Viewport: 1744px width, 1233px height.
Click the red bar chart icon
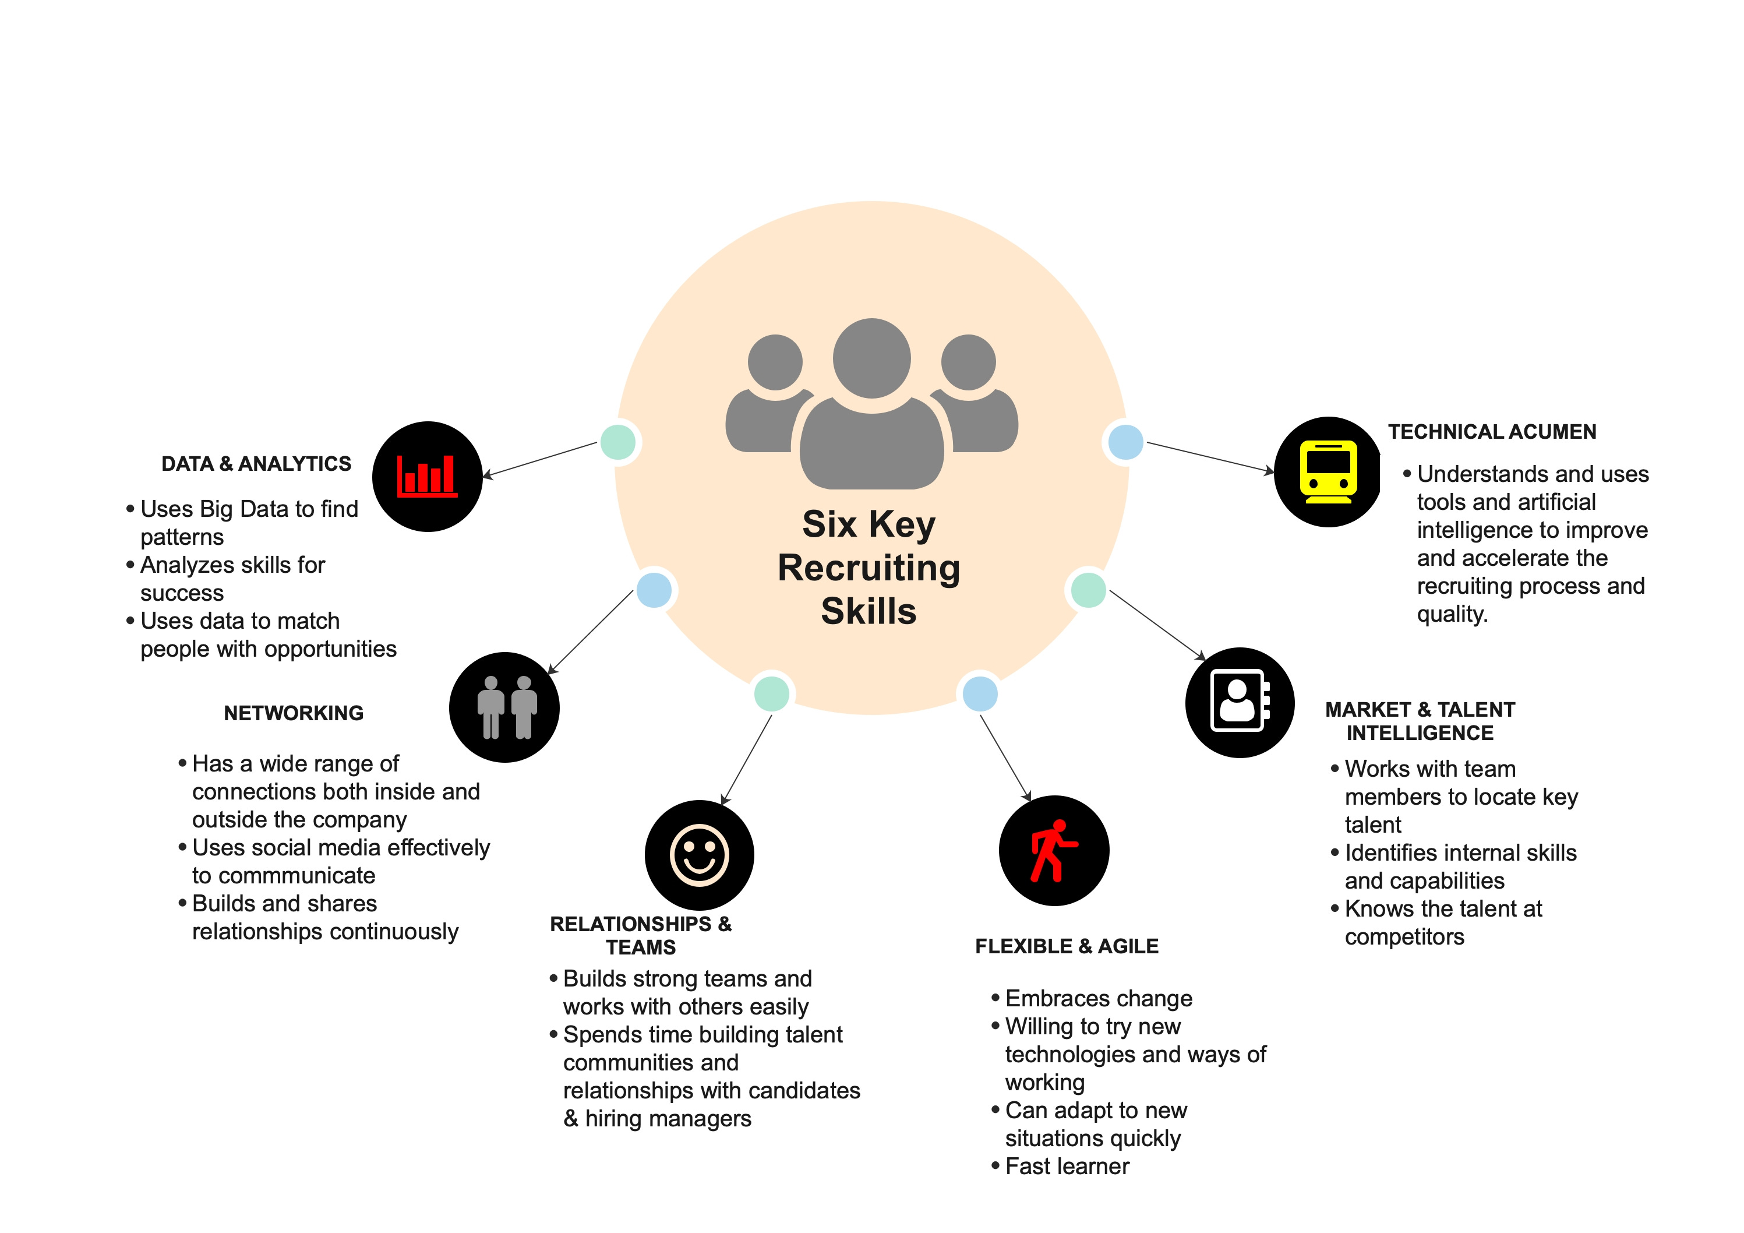coord(427,476)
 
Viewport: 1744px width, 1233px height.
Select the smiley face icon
coord(699,855)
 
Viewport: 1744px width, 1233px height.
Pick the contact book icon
coord(1239,702)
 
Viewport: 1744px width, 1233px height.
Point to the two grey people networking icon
coord(506,707)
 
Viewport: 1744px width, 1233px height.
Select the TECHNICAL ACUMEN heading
coord(1492,432)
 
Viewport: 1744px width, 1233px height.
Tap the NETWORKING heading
coord(293,713)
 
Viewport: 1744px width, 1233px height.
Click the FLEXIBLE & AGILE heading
coord(1067,946)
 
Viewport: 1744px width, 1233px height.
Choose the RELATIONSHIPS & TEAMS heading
coord(640,935)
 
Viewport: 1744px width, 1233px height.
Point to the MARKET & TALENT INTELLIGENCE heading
coord(1420,721)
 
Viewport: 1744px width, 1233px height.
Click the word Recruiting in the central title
coord(869,568)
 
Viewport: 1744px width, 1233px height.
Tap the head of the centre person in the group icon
coord(871,358)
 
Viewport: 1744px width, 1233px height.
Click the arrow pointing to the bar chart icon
coord(540,460)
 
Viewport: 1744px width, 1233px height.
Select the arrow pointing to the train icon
coord(1211,457)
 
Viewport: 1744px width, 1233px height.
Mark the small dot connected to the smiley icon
coord(772,693)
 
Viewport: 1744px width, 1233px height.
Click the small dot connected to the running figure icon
coord(980,693)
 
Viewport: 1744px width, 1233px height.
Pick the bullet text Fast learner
coord(1067,1166)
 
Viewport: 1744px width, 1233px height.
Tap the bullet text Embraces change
coord(1099,998)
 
